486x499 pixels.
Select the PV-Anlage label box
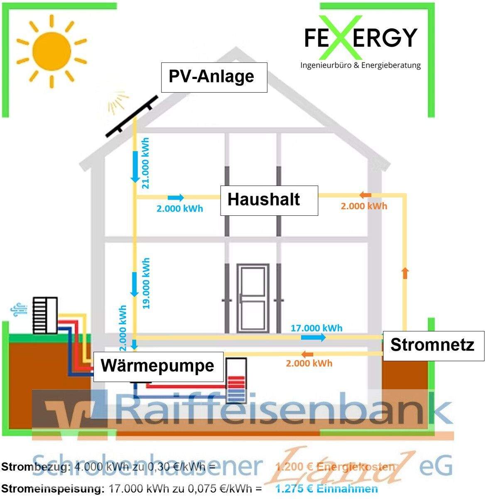coord(214,77)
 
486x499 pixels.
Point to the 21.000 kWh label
coord(145,163)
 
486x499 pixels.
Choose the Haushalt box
coord(269,200)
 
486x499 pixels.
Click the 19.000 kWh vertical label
coord(145,283)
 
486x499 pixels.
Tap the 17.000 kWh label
coord(317,328)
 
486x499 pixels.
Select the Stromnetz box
coord(433,345)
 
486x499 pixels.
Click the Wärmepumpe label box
coord(158,366)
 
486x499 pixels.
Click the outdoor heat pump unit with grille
coord(45,315)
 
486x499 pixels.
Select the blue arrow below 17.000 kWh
coord(313,337)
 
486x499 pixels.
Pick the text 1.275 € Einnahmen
coord(327,489)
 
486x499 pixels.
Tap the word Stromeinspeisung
coord(52,489)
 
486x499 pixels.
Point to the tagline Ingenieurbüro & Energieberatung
coord(360,65)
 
